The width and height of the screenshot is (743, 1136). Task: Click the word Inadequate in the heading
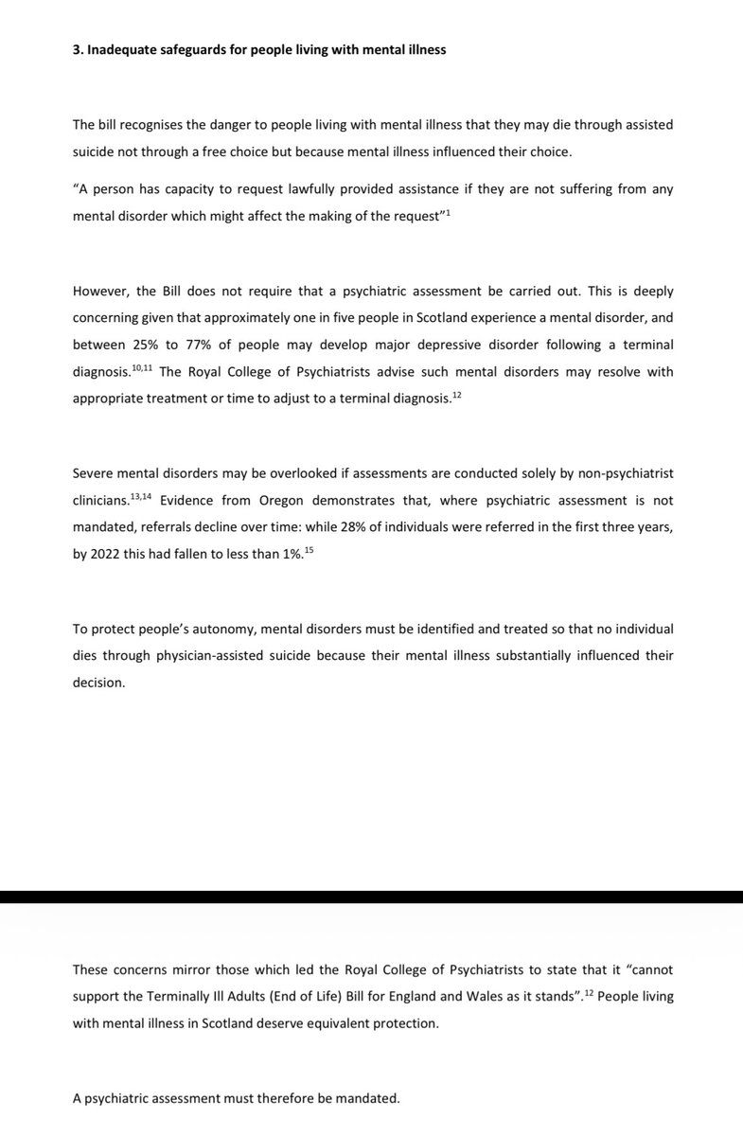118,50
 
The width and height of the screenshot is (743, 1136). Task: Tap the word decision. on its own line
98,682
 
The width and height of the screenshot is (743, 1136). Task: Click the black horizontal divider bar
371,896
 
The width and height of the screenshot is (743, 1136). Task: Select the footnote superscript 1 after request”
448,211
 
